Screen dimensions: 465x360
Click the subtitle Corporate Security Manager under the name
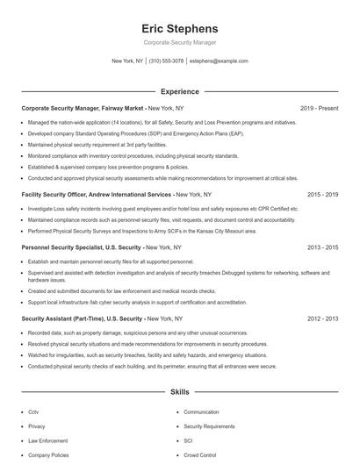(x=180, y=42)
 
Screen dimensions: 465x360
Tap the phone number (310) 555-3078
(x=167, y=61)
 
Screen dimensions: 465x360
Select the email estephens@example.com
(x=219, y=61)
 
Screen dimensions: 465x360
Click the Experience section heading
(x=180, y=91)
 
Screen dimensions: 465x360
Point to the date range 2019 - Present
(x=319, y=108)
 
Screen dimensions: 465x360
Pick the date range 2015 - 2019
(x=322, y=195)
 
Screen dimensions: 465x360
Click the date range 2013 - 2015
(x=322, y=248)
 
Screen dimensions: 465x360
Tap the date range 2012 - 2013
(x=322, y=319)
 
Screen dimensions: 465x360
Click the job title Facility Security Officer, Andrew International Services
(x=97, y=195)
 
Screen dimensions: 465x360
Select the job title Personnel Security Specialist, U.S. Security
(x=81, y=248)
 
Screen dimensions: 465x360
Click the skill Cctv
(x=33, y=411)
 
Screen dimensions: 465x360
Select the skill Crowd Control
(x=200, y=455)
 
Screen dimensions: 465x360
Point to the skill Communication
(x=201, y=411)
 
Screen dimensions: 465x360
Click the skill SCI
(x=188, y=440)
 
